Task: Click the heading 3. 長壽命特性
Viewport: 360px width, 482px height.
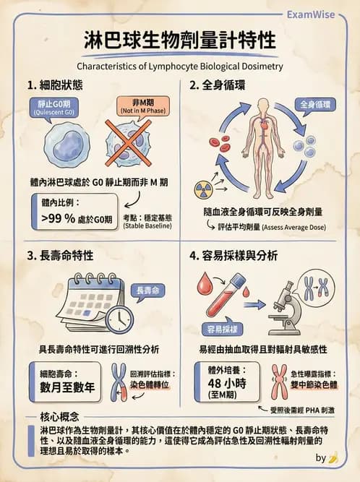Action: click(64, 254)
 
